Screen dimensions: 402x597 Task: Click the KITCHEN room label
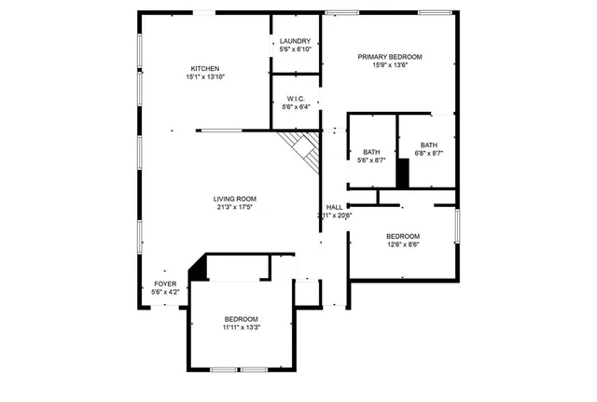pyautogui.click(x=205, y=68)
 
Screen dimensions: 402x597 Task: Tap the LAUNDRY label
pyautogui.click(x=295, y=41)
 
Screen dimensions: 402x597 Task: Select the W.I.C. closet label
pyautogui.click(x=295, y=98)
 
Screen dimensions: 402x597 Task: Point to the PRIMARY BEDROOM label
pyautogui.click(x=390, y=57)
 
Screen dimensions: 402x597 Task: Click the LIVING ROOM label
pyautogui.click(x=234, y=199)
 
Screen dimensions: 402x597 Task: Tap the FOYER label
pyautogui.click(x=165, y=284)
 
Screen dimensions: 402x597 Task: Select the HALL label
pyautogui.click(x=334, y=207)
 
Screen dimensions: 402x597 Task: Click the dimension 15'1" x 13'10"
pyautogui.click(x=205, y=76)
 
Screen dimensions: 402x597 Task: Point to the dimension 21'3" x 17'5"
pyautogui.click(x=234, y=207)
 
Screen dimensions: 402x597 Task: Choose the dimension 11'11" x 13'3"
pyautogui.click(x=241, y=327)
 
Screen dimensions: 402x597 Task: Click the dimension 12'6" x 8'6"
pyautogui.click(x=403, y=245)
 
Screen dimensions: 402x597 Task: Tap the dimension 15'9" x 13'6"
pyautogui.click(x=390, y=66)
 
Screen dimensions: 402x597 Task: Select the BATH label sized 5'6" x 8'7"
pyautogui.click(x=371, y=152)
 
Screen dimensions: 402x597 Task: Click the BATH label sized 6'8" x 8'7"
pyautogui.click(x=428, y=145)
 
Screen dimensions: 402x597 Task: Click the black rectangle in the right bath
pyautogui.click(x=403, y=173)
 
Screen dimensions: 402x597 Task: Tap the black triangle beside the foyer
pyautogui.click(x=197, y=270)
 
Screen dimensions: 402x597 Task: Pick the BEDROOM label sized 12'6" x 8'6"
pyautogui.click(x=403, y=236)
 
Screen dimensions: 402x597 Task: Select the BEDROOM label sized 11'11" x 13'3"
pyautogui.click(x=241, y=319)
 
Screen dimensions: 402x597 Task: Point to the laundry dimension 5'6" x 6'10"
pyautogui.click(x=295, y=49)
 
